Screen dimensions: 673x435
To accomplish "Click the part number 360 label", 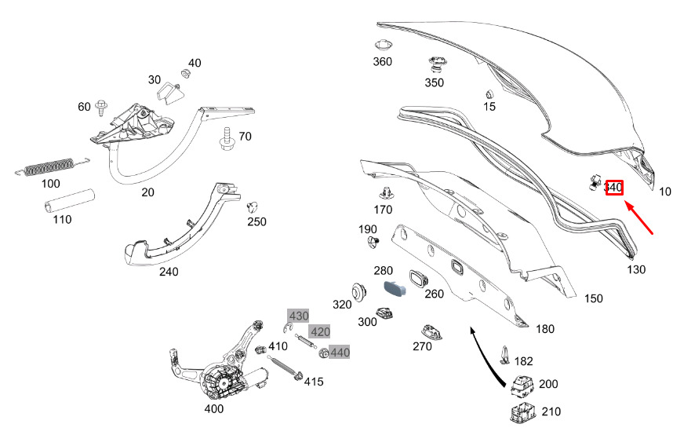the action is pyautogui.click(x=382, y=62).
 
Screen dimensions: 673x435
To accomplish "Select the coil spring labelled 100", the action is pyautogui.click(x=53, y=166).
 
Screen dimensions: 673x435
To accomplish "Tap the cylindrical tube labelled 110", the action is pyautogui.click(x=69, y=200).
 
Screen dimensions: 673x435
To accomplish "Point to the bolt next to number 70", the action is pyautogui.click(x=227, y=138).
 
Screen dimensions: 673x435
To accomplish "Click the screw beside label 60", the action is pyautogui.click(x=102, y=108).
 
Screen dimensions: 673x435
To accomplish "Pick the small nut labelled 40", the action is pyautogui.click(x=185, y=74).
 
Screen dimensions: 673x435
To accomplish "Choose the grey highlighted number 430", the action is pyautogui.click(x=298, y=316).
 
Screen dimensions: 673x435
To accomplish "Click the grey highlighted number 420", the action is pyautogui.click(x=320, y=331).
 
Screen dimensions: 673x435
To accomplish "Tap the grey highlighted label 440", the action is pyautogui.click(x=340, y=353).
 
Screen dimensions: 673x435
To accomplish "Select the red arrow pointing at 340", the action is pyautogui.click(x=639, y=218).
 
